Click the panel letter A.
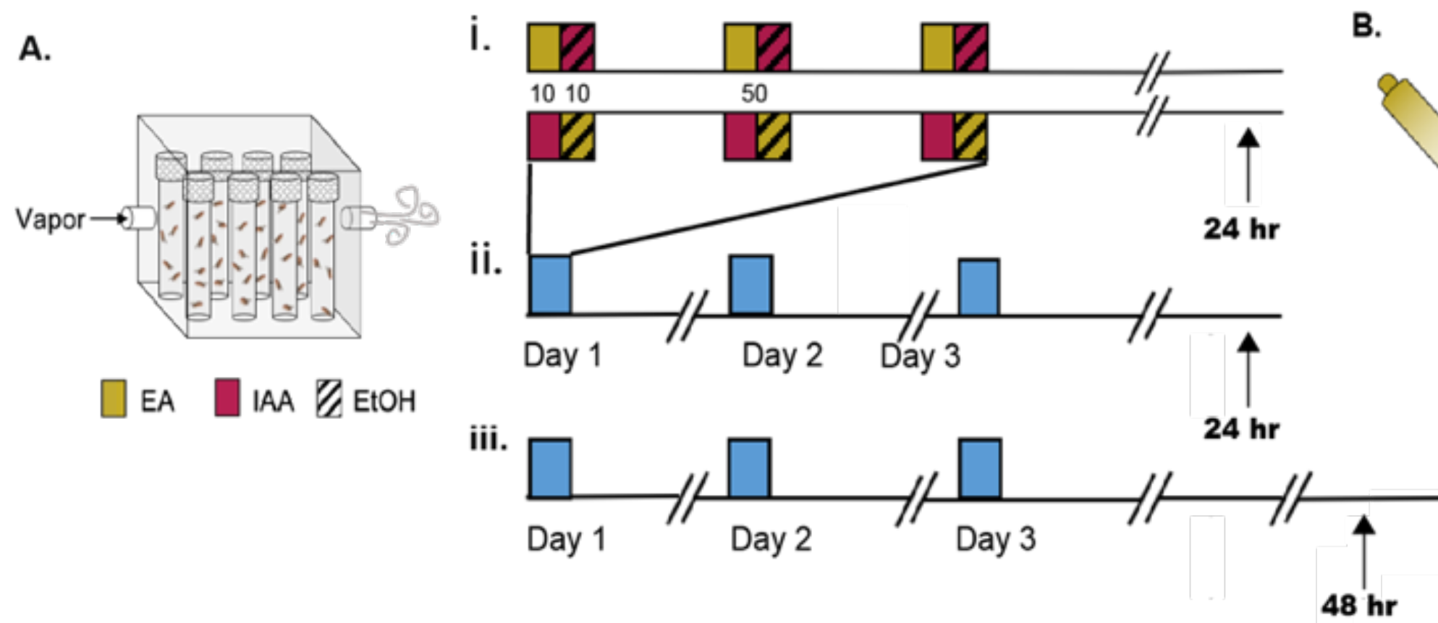pyautogui.click(x=34, y=49)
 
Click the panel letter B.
pyautogui.click(x=1366, y=26)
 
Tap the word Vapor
pyautogui.click(x=50, y=219)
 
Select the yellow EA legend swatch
pyautogui.click(x=114, y=398)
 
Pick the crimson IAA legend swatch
pyautogui.click(x=227, y=398)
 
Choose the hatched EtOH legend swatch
pyautogui.click(x=329, y=399)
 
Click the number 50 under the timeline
pyautogui.click(x=753, y=93)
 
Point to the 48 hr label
pyautogui.click(x=1358, y=605)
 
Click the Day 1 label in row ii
pyautogui.click(x=562, y=355)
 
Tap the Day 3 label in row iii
pyautogui.click(x=995, y=539)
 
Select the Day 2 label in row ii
pyautogui.click(x=782, y=355)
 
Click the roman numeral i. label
pyautogui.click(x=480, y=36)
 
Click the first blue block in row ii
pyautogui.click(x=551, y=284)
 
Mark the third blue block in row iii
pyautogui.click(x=980, y=468)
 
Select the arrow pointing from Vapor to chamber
pyautogui.click(x=109, y=218)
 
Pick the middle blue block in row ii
pyautogui.click(x=751, y=284)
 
